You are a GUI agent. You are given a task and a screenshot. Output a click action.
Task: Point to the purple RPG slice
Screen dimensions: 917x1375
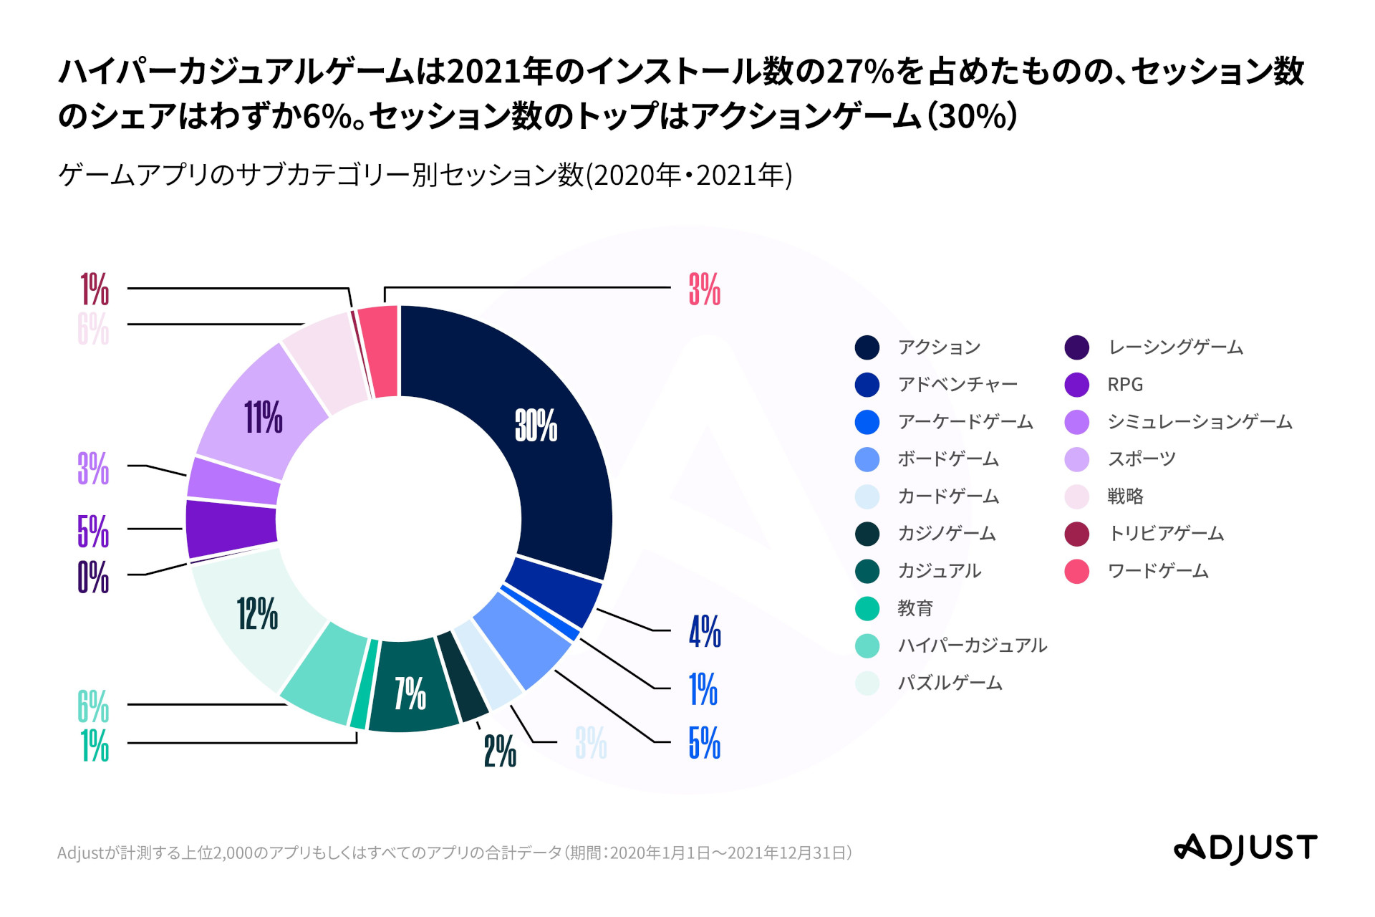pyautogui.click(x=231, y=528)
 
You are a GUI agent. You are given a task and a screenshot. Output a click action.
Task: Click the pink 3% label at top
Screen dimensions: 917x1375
pyautogui.click(x=704, y=289)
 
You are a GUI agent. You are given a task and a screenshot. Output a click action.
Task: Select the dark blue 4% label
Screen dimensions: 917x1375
pyautogui.click(x=705, y=631)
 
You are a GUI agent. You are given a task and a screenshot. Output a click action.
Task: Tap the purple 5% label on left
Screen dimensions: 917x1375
pyautogui.click(x=93, y=531)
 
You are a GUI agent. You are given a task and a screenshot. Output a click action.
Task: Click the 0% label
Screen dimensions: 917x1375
pyautogui.click(x=93, y=577)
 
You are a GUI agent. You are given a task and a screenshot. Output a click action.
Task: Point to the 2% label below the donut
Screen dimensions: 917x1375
pyautogui.click(x=500, y=751)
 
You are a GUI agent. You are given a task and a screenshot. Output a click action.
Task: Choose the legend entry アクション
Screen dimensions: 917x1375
pyautogui.click(x=938, y=347)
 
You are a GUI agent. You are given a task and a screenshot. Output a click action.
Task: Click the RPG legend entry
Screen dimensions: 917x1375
pyautogui.click(x=1124, y=385)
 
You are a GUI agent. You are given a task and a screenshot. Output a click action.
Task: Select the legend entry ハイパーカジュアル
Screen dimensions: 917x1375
pyautogui.click(x=972, y=645)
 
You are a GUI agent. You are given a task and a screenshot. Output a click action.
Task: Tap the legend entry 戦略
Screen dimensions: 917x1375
pyautogui.click(x=1125, y=496)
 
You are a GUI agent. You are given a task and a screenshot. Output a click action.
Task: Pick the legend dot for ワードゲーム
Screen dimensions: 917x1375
pyautogui.click(x=1076, y=571)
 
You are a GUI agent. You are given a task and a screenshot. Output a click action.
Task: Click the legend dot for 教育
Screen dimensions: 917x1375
pyautogui.click(x=867, y=608)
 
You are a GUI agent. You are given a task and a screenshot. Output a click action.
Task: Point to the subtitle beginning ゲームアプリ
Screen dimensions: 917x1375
pyautogui.click(x=425, y=175)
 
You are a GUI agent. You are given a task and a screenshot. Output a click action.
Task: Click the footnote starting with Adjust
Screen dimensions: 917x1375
pyautogui.click(x=454, y=853)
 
